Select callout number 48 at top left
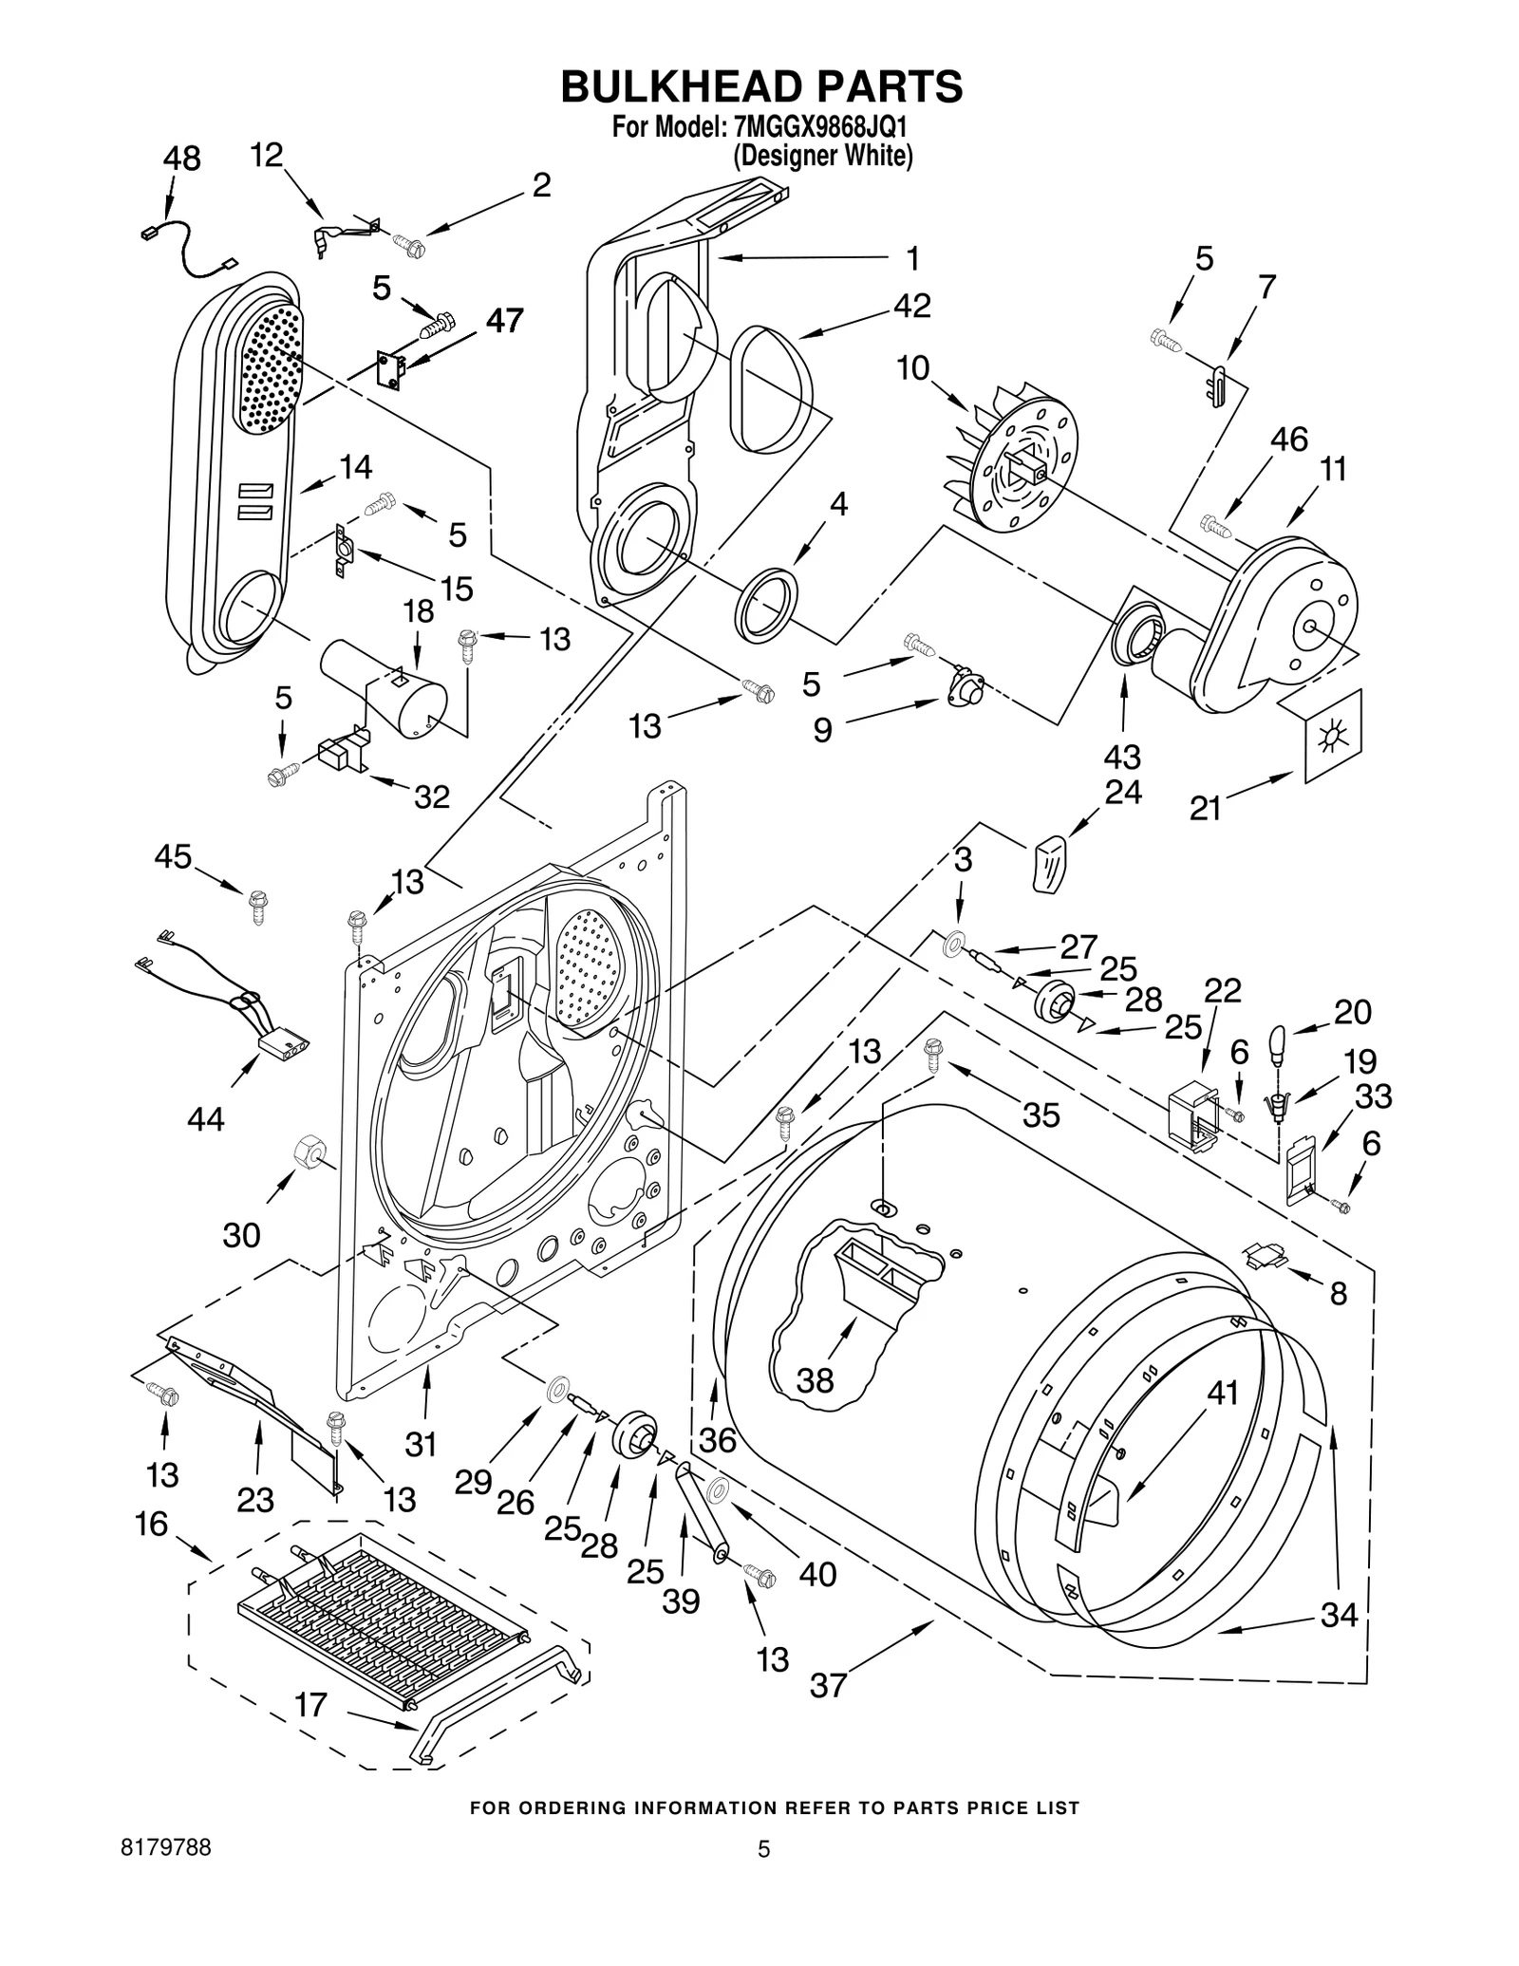181,159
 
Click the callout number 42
911,305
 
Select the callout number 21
1205,809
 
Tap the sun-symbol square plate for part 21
1333,735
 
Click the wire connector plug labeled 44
284,1045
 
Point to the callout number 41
1223,1393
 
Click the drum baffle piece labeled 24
1049,862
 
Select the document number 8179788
166,1848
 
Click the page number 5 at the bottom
762,1849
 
